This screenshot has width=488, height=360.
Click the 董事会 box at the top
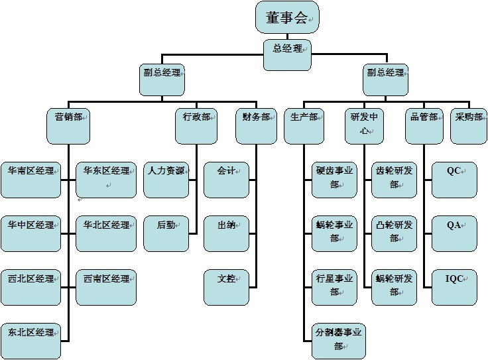coord(287,18)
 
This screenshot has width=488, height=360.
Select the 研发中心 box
coord(363,125)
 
